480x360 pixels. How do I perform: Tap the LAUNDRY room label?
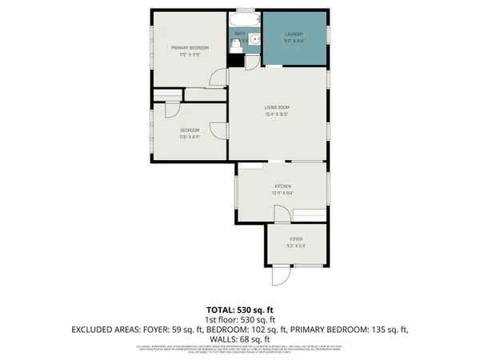[x=295, y=34]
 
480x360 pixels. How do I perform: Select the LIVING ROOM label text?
[x=277, y=107]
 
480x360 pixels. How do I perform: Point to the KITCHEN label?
[x=279, y=186]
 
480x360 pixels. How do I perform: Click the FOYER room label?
[x=295, y=238]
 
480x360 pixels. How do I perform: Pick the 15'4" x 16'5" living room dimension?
[x=277, y=114]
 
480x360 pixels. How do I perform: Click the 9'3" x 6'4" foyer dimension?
[x=295, y=246]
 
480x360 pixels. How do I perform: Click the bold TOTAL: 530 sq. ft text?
[x=240, y=309]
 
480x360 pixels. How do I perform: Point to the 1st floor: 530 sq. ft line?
[x=240, y=318]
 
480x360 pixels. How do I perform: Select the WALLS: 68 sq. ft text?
[x=240, y=338]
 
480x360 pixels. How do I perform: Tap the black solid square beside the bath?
[x=235, y=59]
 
